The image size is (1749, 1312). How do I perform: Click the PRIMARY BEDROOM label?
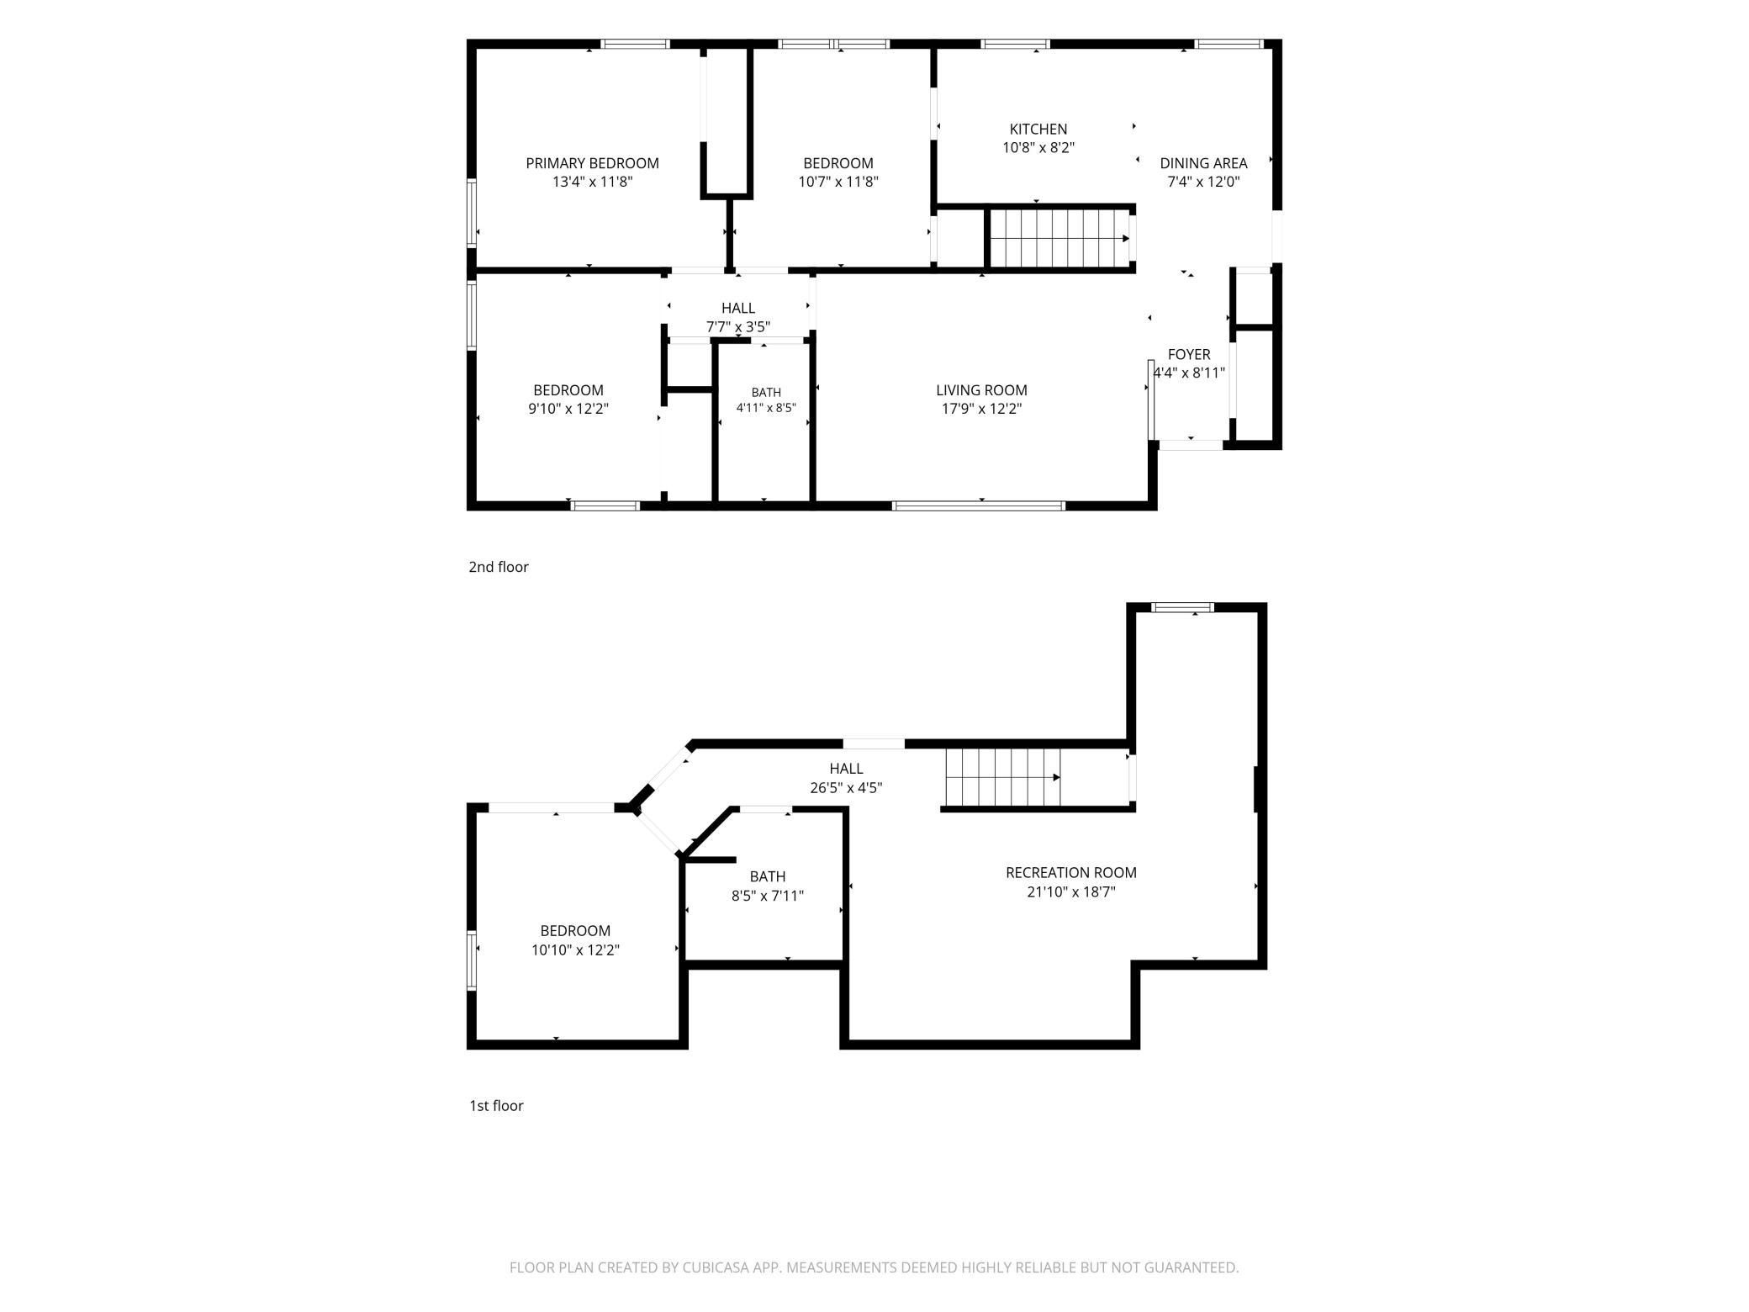[x=592, y=163]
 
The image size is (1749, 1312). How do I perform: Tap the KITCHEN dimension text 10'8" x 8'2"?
[x=1038, y=148]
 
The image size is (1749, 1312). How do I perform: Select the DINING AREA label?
[x=1203, y=163]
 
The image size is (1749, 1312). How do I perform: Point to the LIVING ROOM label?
[x=981, y=390]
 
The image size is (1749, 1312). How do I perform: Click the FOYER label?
[x=1189, y=355]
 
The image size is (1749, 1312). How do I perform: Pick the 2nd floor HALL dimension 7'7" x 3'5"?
[x=738, y=327]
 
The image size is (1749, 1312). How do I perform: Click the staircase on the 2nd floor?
[x=1059, y=238]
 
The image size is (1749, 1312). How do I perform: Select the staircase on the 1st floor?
[x=1002, y=776]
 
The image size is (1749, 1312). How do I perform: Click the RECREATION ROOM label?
[x=1071, y=873]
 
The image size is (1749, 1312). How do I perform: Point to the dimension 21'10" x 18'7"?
[x=1071, y=892]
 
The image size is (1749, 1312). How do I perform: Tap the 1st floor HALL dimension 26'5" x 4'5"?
[x=846, y=788]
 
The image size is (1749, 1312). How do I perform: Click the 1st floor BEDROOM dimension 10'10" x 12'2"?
[x=575, y=950]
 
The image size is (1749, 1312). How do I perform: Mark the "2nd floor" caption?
[x=499, y=567]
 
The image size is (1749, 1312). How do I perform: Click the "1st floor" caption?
[x=496, y=1106]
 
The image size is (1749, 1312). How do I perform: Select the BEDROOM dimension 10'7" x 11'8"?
[x=838, y=182]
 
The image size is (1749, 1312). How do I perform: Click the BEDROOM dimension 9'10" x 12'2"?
[x=568, y=410]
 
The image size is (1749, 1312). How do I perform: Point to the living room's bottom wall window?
[x=979, y=506]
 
